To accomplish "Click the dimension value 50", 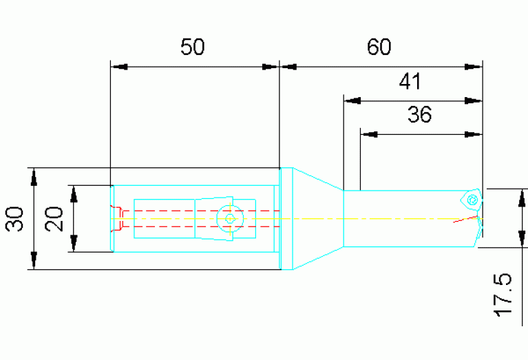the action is click(192, 47).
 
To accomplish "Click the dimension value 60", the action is click(379, 47).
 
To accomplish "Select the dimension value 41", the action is click(410, 81).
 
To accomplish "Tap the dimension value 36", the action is click(419, 114).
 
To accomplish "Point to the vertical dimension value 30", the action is click(15, 219).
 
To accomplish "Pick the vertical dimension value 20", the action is click(54, 219).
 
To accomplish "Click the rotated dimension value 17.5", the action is click(503, 295).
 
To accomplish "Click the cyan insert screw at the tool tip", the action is click(472, 200).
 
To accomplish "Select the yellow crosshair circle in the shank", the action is click(230, 219).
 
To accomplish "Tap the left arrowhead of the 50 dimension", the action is click(119, 67).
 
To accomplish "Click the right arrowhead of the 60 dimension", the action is click(473, 67).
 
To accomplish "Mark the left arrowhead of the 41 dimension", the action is click(352, 100).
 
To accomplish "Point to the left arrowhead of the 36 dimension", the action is click(369, 134).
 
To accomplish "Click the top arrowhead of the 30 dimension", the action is click(34, 177).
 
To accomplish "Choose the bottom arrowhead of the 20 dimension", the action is click(74, 243).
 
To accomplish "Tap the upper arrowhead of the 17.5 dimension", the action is click(522, 198).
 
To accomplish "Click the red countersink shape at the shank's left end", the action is click(117, 218).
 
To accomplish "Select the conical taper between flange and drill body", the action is click(318, 219).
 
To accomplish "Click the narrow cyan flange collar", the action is click(286, 219).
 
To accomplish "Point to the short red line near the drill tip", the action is click(465, 219).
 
